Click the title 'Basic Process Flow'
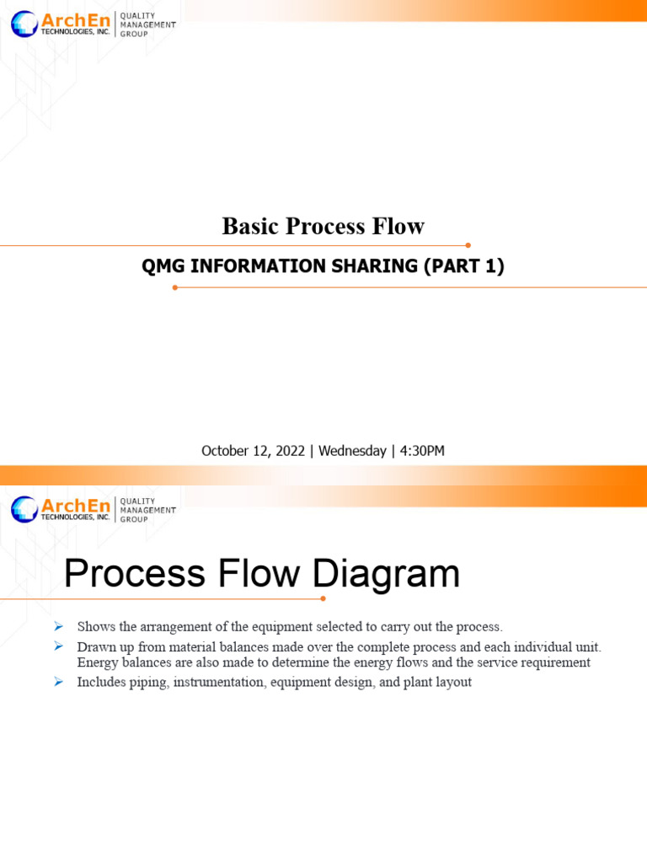pos(323,226)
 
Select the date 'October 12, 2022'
pos(253,451)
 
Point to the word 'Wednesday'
pos(352,451)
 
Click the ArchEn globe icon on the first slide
pos(24,24)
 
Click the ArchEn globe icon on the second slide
pos(24,509)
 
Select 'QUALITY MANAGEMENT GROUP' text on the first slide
pos(148,25)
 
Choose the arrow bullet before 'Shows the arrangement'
pos(58,626)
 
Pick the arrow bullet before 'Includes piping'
pos(58,682)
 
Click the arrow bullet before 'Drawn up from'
pos(58,646)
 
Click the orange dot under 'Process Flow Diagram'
pos(323,598)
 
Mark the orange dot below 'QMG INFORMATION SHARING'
pos(175,287)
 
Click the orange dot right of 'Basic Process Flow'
pos(468,245)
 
